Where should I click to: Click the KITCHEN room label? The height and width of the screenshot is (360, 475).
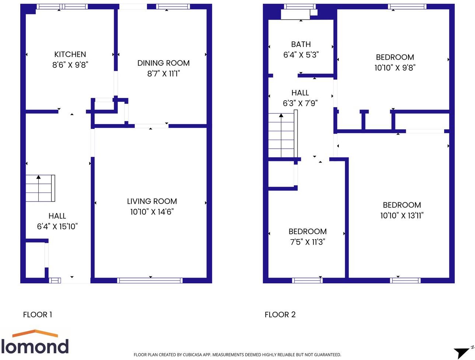(70, 55)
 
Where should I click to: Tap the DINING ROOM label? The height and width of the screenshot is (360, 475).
(163, 63)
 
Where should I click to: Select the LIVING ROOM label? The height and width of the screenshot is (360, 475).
(152, 201)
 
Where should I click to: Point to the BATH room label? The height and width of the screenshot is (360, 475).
(301, 44)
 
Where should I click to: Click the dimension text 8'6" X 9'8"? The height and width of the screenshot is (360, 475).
(70, 65)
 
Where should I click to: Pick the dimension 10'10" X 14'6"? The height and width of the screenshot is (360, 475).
(152, 212)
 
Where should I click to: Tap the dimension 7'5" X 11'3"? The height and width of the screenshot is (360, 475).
(307, 242)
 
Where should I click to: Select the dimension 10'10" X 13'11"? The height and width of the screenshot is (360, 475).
(402, 216)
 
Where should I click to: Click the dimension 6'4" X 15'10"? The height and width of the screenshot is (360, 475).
(57, 227)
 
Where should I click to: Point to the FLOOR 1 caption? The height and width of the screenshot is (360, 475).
(38, 315)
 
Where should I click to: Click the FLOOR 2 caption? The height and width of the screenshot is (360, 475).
(280, 315)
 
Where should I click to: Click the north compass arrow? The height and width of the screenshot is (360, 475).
(462, 352)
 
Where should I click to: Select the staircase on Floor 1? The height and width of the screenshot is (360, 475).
(40, 188)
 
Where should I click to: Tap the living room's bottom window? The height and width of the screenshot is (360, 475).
(150, 280)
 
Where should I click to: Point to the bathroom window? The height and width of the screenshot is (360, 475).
(300, 7)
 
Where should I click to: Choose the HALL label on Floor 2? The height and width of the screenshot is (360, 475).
(300, 93)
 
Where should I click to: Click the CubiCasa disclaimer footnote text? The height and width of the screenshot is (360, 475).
(237, 355)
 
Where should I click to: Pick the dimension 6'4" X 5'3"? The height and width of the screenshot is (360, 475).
(301, 55)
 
